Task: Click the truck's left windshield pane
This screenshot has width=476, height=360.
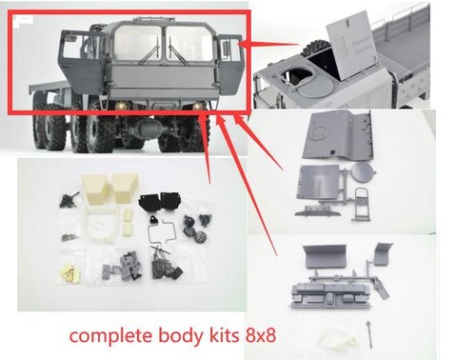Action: click(137, 44)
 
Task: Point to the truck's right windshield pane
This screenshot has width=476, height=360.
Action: click(188, 44)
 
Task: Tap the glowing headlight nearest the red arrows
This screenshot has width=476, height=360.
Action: click(198, 106)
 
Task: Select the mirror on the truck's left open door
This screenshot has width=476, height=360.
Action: click(69, 39)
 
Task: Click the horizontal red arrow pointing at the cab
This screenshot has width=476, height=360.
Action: click(268, 44)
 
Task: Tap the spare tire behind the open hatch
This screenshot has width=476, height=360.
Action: click(314, 49)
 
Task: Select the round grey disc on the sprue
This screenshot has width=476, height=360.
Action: click(364, 171)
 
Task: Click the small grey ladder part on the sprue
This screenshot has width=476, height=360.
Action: click(362, 203)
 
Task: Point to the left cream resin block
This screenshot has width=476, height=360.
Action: click(94, 189)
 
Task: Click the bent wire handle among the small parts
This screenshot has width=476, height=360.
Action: click(162, 230)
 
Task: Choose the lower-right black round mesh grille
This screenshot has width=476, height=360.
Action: click(200, 235)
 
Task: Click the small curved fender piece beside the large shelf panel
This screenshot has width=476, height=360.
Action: click(383, 254)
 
